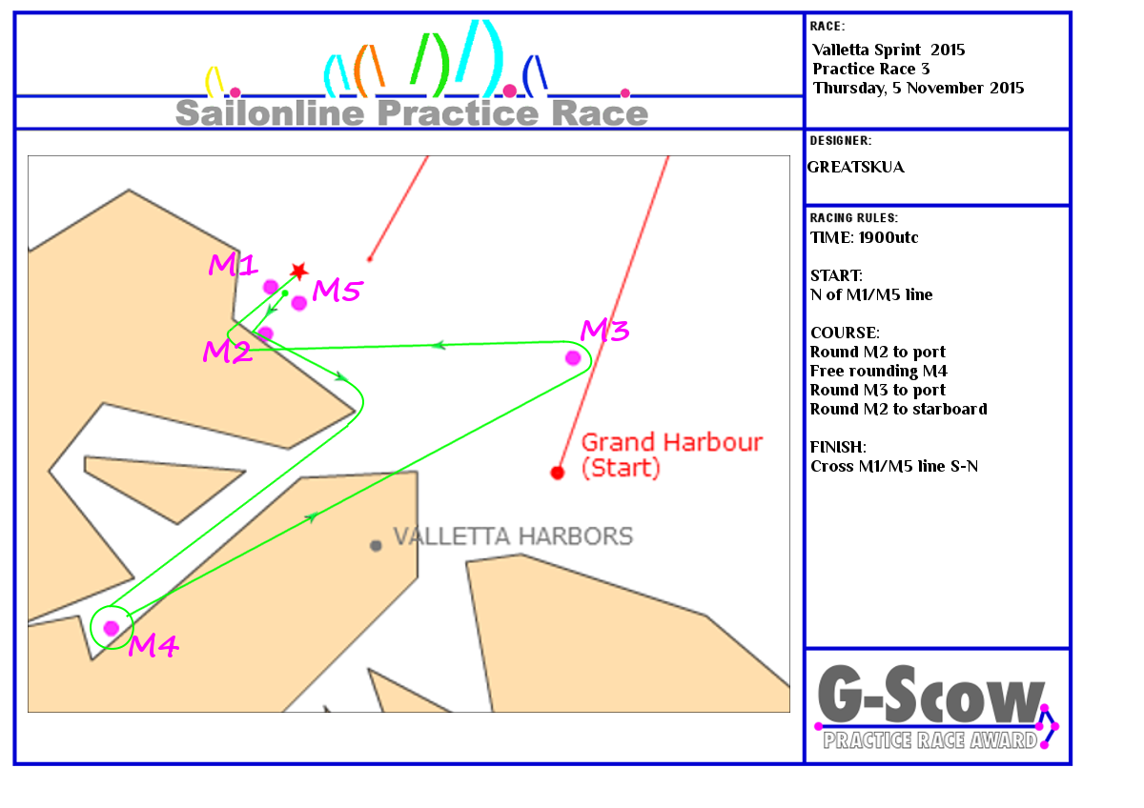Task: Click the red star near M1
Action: point(298,271)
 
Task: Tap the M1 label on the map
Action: point(233,264)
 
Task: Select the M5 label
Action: point(337,291)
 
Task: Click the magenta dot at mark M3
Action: point(573,358)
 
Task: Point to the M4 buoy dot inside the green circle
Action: point(112,628)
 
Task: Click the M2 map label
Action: point(227,352)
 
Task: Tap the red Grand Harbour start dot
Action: point(557,473)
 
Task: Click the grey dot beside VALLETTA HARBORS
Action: point(376,546)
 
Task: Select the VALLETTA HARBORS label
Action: point(513,536)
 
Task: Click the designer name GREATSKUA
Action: point(855,167)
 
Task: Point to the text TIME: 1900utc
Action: point(864,237)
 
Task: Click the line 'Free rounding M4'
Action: point(878,371)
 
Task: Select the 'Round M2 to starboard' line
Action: point(898,409)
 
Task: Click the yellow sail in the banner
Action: point(214,81)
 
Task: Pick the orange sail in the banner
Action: point(369,71)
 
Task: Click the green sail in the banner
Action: point(430,64)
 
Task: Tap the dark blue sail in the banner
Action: point(535,75)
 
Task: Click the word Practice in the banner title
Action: point(458,112)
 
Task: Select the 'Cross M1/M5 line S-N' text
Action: point(894,466)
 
